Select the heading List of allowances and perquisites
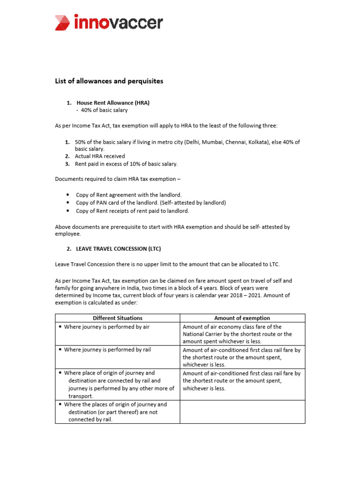[109, 81]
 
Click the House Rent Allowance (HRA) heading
[112, 103]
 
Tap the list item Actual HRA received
[100, 156]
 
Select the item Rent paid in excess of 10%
[126, 164]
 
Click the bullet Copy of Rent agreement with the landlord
[128, 195]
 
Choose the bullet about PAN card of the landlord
[150, 202]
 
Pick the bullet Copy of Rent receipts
[135, 211]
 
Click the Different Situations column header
[117, 318]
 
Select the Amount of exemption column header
[242, 318]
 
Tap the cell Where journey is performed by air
[106, 327]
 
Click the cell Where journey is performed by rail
[107, 350]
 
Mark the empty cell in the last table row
[242, 412]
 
